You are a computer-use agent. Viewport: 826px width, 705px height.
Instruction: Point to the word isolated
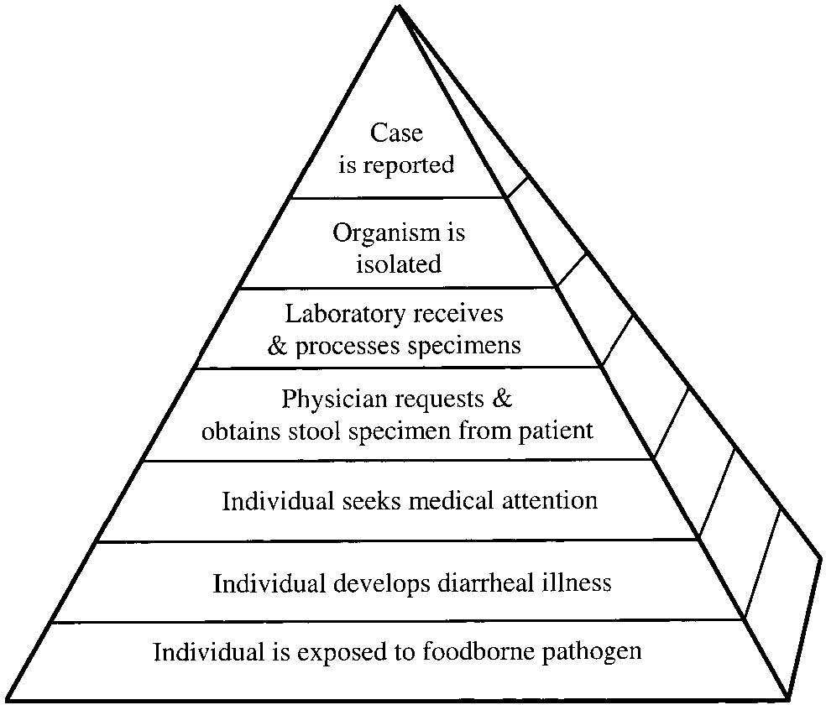(x=398, y=264)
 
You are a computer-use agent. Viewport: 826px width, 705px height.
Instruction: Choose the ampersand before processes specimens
(x=278, y=345)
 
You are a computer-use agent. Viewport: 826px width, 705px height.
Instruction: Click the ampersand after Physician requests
(x=499, y=398)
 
